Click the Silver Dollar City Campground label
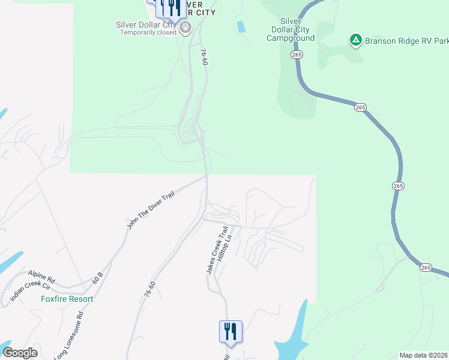point(291,29)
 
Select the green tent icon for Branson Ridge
point(356,40)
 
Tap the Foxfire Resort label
point(67,299)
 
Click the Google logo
point(20,352)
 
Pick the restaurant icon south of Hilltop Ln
point(231,331)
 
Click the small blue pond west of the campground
point(241,26)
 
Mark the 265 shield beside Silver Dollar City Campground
point(297,55)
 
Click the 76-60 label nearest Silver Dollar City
point(205,58)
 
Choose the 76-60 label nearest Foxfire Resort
point(150,289)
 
